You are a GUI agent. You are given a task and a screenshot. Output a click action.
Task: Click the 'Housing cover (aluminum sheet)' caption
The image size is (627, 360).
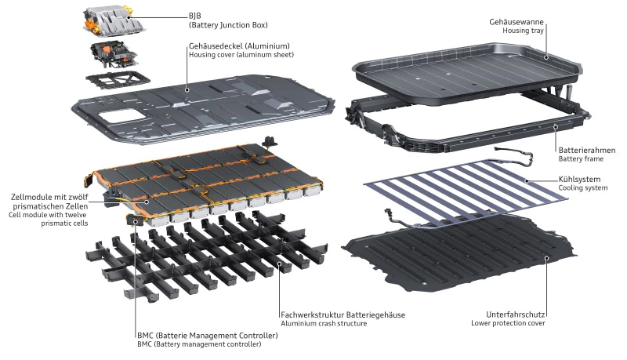pos(237,56)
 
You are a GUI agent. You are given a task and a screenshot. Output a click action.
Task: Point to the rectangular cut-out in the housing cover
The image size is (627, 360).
pos(115,119)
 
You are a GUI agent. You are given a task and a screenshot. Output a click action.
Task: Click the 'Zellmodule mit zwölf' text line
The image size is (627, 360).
pos(50,196)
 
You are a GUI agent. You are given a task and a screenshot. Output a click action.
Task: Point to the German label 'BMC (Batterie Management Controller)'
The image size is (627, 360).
pos(206,335)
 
